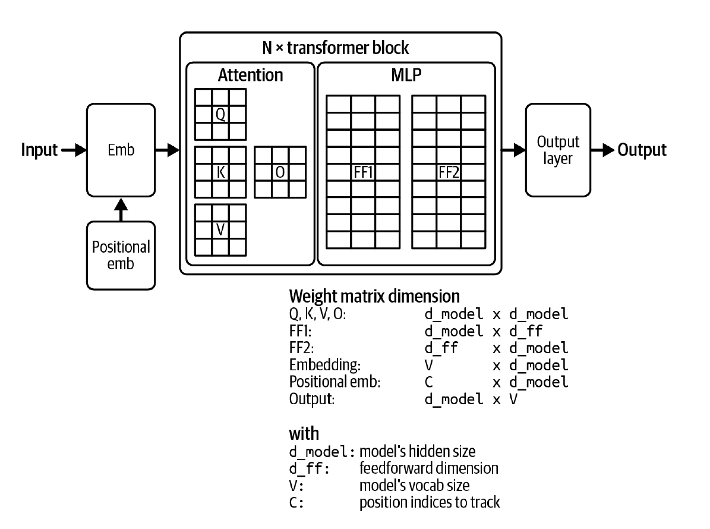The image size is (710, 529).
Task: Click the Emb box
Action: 121,150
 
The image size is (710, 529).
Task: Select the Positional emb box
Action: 121,254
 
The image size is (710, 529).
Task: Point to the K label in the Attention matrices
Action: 220,172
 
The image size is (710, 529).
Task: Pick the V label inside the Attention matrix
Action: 220,229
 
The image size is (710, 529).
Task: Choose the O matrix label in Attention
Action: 279,172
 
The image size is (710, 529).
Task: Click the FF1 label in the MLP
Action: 363,172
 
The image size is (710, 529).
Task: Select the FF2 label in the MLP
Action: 449,172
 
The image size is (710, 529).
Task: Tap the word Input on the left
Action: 40,150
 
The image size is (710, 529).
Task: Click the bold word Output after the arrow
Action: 642,150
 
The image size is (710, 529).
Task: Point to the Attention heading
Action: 250,75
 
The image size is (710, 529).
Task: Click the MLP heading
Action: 406,75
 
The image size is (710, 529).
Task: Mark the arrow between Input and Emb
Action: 73,150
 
